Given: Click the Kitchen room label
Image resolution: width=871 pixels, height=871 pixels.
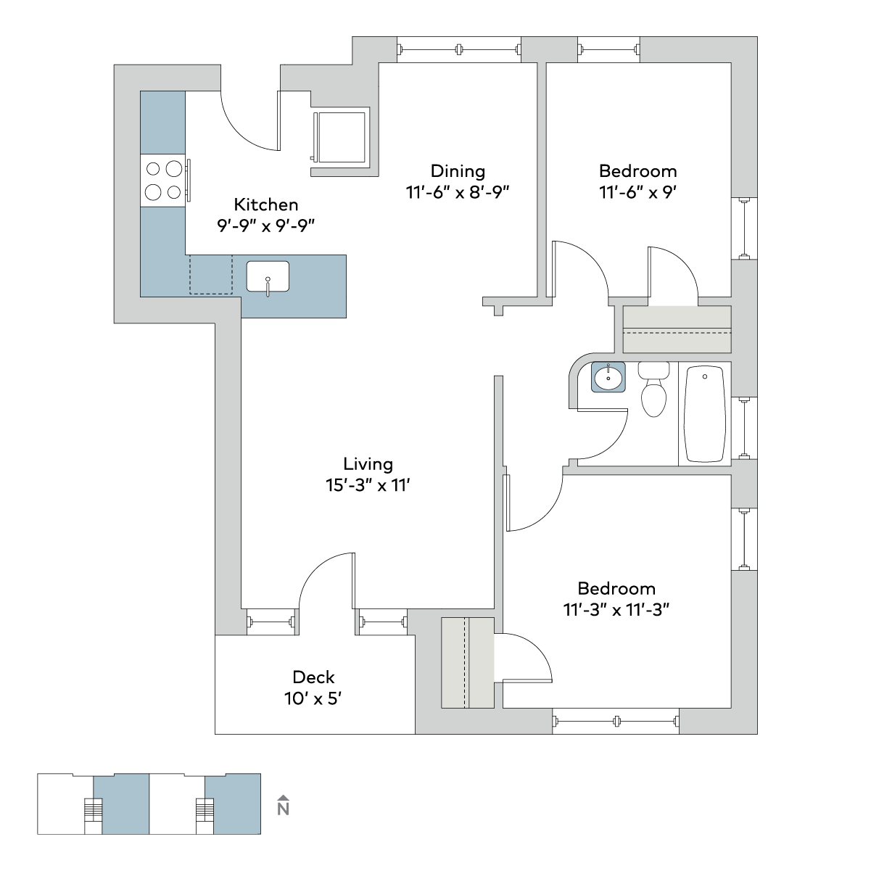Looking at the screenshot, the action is [x=265, y=205].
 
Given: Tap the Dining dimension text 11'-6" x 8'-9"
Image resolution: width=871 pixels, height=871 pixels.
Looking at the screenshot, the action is [x=458, y=193].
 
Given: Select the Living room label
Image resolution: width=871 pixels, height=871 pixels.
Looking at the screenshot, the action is [x=368, y=464].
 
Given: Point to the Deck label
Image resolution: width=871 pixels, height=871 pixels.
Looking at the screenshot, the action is [x=313, y=677].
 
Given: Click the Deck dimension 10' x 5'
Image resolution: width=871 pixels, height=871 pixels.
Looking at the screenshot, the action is [x=313, y=699].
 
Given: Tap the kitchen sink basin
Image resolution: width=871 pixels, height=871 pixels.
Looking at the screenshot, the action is [x=268, y=276].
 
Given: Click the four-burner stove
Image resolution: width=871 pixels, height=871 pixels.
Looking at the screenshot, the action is [x=162, y=181].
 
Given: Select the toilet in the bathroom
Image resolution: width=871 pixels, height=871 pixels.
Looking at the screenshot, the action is [x=653, y=389].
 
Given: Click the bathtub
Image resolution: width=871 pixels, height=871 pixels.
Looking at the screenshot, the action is [x=705, y=414].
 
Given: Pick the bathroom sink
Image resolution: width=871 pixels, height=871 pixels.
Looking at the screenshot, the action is [x=608, y=377].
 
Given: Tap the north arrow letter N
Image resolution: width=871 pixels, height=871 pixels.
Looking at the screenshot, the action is [x=283, y=809].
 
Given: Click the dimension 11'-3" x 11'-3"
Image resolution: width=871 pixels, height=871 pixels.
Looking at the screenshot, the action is [x=616, y=610].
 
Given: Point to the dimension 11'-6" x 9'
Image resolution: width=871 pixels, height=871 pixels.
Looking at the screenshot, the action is [x=637, y=193].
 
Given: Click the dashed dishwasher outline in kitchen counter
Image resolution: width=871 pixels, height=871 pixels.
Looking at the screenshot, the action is [x=210, y=274].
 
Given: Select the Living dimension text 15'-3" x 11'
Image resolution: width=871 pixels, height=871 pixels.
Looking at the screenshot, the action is [x=368, y=485].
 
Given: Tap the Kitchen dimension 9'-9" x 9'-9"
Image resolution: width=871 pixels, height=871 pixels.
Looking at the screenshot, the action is [x=265, y=226].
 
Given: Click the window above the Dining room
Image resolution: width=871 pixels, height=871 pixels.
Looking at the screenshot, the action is [x=459, y=49].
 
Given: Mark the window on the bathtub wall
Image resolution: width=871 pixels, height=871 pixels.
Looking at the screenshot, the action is [x=744, y=428].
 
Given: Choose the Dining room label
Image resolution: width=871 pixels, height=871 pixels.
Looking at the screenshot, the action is [x=458, y=171].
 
